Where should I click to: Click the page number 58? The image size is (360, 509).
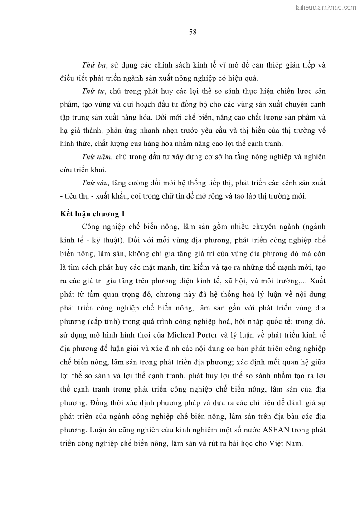[192, 32]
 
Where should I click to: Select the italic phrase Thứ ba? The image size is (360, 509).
[91, 65]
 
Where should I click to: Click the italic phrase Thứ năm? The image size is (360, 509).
[94, 157]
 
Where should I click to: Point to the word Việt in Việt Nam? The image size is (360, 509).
[277, 442]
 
